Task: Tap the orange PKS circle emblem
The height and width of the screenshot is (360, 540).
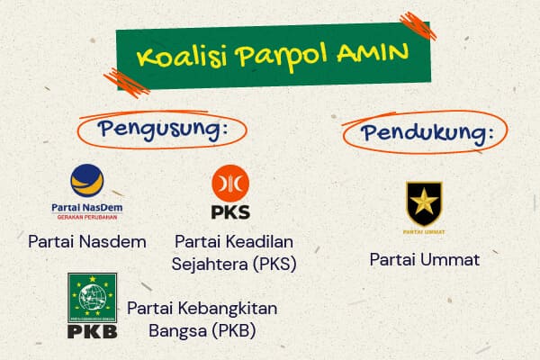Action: (x=230, y=185)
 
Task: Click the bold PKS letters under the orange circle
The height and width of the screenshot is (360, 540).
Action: (x=230, y=214)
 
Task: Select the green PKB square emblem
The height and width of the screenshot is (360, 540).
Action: (x=92, y=296)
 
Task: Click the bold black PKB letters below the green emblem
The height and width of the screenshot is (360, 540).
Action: (x=92, y=330)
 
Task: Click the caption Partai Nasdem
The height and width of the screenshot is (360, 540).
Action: (x=86, y=242)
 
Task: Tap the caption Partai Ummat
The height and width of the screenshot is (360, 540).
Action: (x=425, y=260)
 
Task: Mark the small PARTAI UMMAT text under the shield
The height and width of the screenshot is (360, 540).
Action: (x=424, y=231)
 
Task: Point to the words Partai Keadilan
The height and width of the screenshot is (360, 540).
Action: (x=235, y=242)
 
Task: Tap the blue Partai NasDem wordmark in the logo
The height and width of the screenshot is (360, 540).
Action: (x=87, y=207)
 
